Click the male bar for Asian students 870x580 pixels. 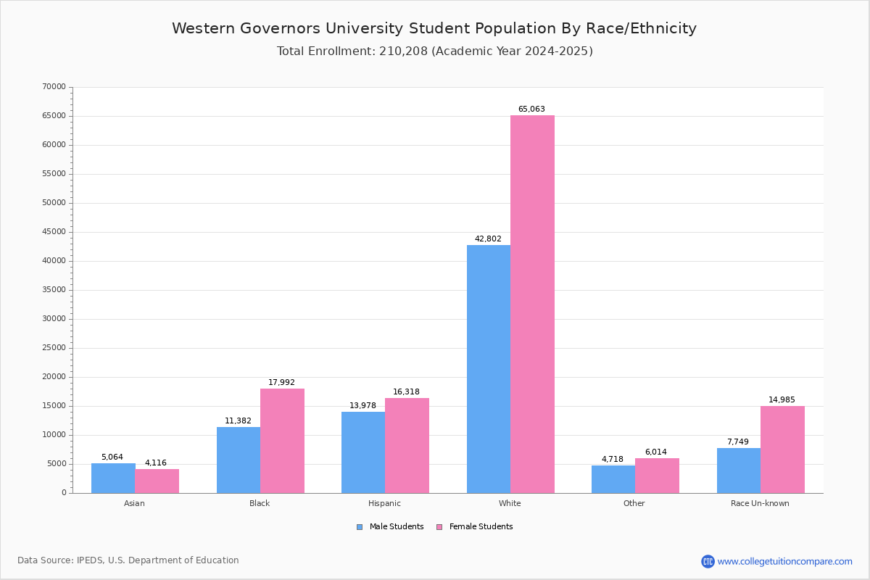pos(113,478)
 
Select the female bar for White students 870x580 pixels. pos(532,304)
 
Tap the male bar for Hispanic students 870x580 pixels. pos(363,452)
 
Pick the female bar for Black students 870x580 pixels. pos(282,441)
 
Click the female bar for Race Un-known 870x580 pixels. pos(782,449)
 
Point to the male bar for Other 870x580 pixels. pos(613,479)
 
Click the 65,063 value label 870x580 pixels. pos(531,109)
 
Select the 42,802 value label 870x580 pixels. pos(488,239)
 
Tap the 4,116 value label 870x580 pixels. pos(157,463)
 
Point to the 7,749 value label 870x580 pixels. pos(738,442)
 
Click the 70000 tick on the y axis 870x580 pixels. pos(54,87)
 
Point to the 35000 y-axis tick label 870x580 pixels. pos(54,290)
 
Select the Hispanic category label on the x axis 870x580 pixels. pos(384,503)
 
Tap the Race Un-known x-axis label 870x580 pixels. pos(760,503)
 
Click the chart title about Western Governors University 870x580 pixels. pos(434,29)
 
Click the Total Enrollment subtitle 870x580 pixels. pos(434,51)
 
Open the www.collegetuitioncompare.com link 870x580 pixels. pos(784,561)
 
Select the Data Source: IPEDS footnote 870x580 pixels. pos(128,560)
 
